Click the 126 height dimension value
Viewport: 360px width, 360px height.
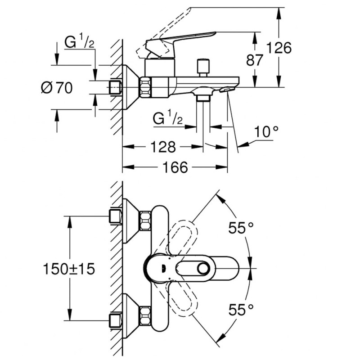[x=279, y=47]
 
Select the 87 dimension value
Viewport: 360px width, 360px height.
[x=255, y=60]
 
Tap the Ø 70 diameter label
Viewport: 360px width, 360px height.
[x=57, y=88]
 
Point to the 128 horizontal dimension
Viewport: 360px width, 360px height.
[x=163, y=146]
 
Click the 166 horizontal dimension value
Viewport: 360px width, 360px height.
[x=175, y=167]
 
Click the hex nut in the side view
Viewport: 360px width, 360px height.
[x=146, y=87]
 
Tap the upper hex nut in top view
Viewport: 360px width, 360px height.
[x=146, y=219]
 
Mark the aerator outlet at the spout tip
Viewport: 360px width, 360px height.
[x=227, y=90]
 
